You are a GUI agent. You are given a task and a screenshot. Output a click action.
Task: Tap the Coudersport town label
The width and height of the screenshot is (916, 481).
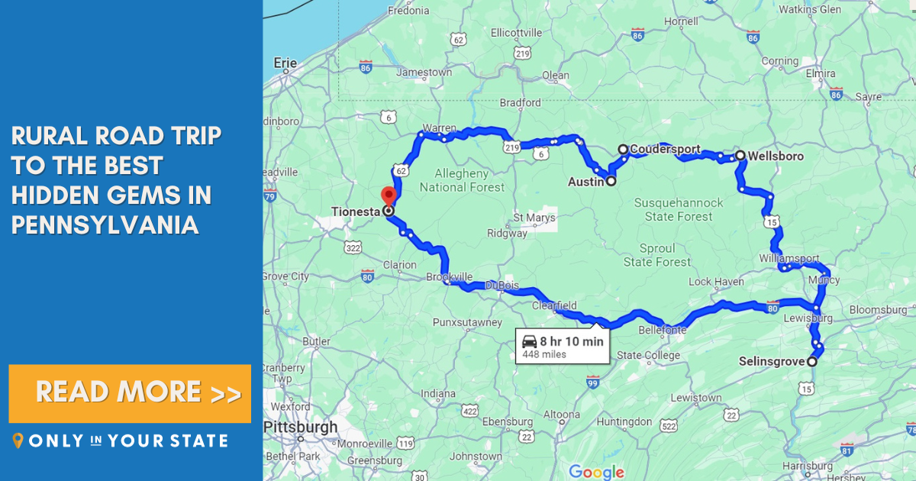pos(665,149)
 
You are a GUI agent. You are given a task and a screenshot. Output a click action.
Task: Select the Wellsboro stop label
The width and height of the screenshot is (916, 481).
pos(776,156)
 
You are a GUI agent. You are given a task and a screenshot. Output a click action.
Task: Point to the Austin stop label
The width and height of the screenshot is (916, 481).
pos(585,182)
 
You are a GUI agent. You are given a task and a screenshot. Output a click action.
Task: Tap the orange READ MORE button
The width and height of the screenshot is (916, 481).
pos(130,393)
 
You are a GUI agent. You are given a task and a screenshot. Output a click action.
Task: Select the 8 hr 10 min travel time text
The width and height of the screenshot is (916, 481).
pos(572,341)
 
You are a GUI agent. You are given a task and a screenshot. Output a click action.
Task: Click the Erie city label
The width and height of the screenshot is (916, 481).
pos(285,63)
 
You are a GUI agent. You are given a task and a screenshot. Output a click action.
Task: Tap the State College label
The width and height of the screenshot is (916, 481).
pos(648,355)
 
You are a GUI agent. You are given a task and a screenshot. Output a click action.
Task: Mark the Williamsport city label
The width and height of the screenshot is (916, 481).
pos(789,258)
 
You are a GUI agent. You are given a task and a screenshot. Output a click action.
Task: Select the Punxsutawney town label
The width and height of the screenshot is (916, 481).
pos(467,322)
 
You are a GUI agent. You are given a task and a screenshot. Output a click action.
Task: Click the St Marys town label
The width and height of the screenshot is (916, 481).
pos(534,218)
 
